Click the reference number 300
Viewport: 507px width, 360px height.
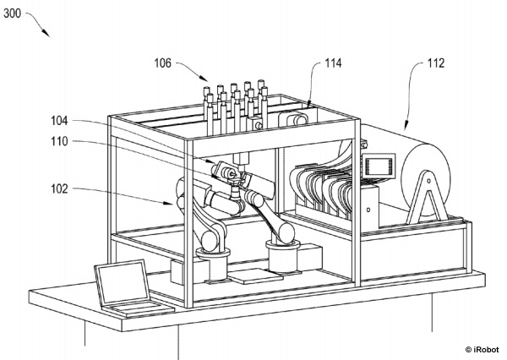coord(12,14)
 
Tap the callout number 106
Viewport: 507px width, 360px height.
coord(162,63)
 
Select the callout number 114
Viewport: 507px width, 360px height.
coord(333,63)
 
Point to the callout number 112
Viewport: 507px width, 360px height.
coord(436,63)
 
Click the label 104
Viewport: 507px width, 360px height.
coord(59,121)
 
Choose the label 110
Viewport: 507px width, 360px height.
coord(59,141)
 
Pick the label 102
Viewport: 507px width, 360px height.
coord(59,188)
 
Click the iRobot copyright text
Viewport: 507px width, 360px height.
coord(482,349)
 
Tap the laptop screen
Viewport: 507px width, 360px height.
coord(123,282)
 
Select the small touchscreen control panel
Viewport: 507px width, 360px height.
coord(379,166)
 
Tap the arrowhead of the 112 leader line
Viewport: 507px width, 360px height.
coord(406,126)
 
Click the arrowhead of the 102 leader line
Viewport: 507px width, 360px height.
coord(168,203)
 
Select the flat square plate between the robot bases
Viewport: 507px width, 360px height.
coord(254,276)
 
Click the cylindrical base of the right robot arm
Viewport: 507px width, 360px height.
coord(282,258)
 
